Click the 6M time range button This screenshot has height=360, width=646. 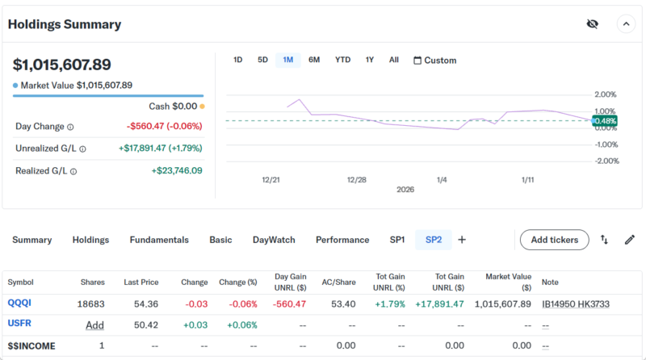pos(314,60)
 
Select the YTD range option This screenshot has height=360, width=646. pos(343,60)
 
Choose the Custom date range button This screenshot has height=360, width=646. pos(434,61)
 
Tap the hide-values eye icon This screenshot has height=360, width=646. pos(592,24)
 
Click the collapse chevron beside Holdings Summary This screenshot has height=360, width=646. pos(627,24)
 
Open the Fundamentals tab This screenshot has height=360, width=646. pos(159,240)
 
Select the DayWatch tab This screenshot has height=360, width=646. pos(274,240)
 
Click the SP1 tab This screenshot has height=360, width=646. pos(397,240)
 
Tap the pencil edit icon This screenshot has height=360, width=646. pos(630,240)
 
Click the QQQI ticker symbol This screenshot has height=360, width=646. pos(19,303)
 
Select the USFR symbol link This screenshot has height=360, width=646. pos(19,324)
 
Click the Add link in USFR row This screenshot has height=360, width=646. pos(95,324)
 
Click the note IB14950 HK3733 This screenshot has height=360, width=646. pos(575,303)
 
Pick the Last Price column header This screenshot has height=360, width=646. pos(141,282)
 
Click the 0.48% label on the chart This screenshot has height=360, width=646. pos(605,121)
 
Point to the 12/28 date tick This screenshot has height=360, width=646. pos(356,179)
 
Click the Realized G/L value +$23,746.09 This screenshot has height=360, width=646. pos(177,170)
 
